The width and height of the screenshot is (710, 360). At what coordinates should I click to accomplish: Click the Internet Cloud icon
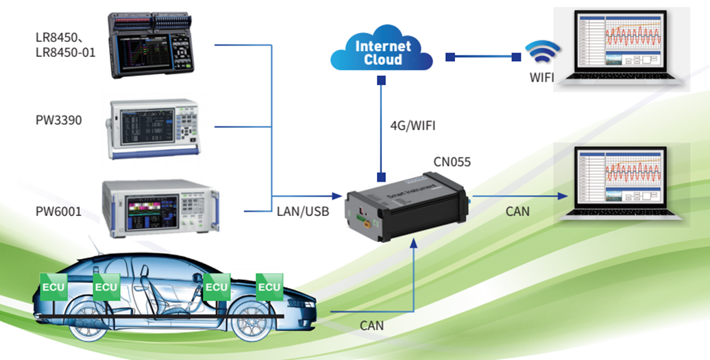pyautogui.click(x=382, y=52)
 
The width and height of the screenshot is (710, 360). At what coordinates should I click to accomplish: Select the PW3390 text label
pyautogui.click(x=59, y=121)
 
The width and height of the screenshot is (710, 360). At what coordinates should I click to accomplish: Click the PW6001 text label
pyautogui.click(x=59, y=212)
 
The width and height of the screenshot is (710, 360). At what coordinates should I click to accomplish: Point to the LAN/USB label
pyautogui.click(x=303, y=212)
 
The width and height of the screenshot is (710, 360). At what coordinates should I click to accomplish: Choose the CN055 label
pyautogui.click(x=452, y=163)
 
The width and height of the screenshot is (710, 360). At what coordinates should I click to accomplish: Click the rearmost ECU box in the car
pyautogui.click(x=53, y=286)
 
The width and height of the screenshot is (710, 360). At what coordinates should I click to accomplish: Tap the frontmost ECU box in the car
pyautogui.click(x=269, y=286)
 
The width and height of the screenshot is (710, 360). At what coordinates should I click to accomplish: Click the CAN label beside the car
pyautogui.click(x=372, y=326)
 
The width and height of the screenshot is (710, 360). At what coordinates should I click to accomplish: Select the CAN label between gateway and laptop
pyautogui.click(x=517, y=212)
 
